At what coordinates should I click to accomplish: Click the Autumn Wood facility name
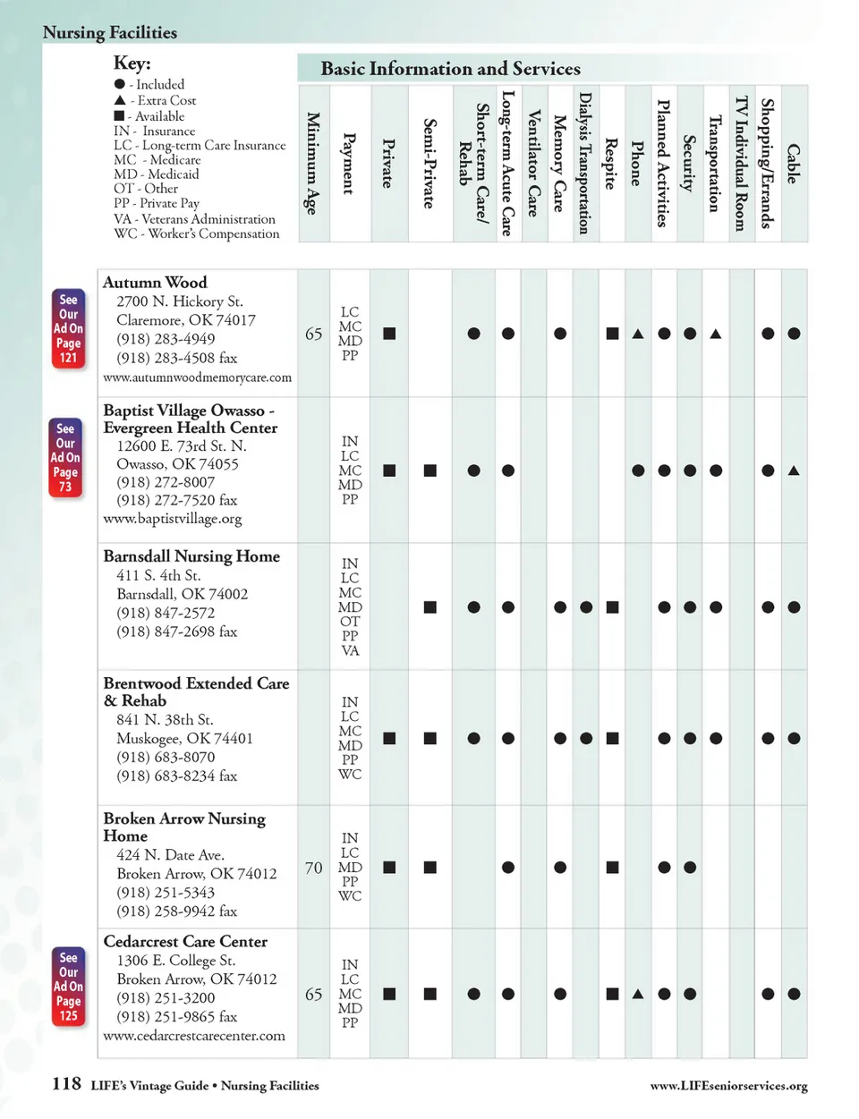pos(155,283)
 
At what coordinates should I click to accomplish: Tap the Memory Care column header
pos(559,163)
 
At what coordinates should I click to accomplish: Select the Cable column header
pos(793,164)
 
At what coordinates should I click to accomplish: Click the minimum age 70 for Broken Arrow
pos(313,868)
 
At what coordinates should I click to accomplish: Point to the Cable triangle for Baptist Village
pos(794,470)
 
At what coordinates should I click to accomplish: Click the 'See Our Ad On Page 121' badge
pos(68,328)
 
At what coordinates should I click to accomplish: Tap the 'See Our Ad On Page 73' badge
pos(65,457)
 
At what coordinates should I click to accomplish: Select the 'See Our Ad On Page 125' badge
pos(68,987)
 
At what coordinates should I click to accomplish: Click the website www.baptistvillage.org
pos(172,519)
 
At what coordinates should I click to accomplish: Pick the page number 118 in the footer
pos(66,1084)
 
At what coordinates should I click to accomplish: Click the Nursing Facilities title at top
pos(110,33)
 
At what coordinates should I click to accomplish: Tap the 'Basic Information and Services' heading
pos(450,69)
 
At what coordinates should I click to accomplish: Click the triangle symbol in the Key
pos(120,100)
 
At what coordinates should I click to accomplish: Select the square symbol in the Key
pos(120,116)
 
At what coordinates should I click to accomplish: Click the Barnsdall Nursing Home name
pos(191,556)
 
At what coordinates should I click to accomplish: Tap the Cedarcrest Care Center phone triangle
pos(638,994)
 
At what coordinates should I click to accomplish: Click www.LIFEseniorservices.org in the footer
pos(728,1086)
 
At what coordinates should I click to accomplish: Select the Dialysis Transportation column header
pos(585,163)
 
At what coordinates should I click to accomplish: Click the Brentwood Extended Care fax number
pos(176,776)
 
